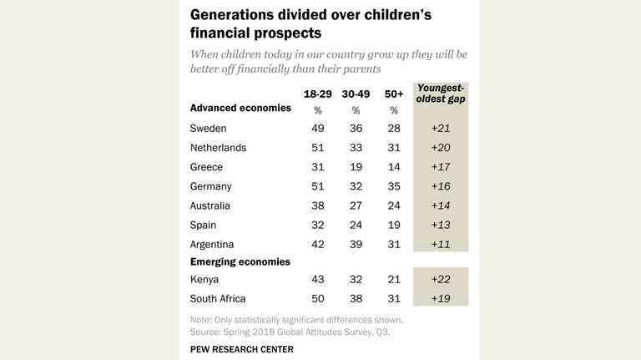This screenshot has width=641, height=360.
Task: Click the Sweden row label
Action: [208, 129]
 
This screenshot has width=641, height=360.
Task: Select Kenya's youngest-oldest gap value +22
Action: [441, 280]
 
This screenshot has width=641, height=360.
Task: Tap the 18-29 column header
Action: [318, 94]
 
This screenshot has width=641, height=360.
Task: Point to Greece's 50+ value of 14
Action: [394, 167]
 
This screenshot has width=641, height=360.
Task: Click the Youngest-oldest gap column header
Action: [441, 94]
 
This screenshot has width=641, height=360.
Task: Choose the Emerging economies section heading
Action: [240, 261]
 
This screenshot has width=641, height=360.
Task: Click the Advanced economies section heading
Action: [240, 108]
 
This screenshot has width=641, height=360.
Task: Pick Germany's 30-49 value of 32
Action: [356, 186]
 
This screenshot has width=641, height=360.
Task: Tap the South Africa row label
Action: [218, 299]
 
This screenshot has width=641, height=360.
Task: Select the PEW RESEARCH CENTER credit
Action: [241, 349]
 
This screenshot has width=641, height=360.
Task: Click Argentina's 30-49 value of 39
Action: [356, 245]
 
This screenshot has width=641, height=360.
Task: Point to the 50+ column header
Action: [394, 94]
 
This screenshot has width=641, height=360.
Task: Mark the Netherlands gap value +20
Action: [441, 148]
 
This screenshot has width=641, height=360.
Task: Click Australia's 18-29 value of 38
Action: [318, 205]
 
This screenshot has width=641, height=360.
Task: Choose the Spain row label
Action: [203, 226]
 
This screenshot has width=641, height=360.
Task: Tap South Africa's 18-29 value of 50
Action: [318, 299]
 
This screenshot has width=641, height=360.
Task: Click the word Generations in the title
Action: [232, 15]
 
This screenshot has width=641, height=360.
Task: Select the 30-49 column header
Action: [356, 94]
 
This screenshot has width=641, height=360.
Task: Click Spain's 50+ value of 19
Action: [394, 225]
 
